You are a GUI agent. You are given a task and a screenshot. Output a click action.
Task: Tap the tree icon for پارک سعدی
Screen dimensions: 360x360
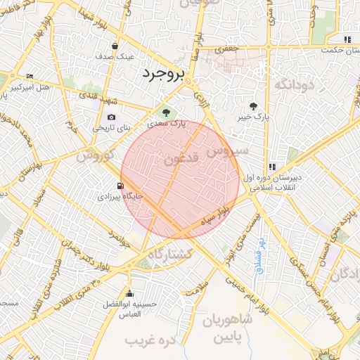pos(166,112)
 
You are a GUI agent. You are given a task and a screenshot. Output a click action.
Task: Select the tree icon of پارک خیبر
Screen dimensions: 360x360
pos(254,106)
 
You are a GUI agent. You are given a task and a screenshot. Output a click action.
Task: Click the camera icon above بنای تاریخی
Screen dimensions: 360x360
pos(111,117)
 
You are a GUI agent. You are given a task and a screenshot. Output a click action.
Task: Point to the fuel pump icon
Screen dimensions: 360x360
pos(122,186)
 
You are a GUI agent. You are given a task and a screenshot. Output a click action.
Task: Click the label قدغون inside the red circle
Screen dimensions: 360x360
pos(184,160)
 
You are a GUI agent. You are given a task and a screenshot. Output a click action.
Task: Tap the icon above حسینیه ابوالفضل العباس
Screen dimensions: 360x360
pos(129,294)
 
